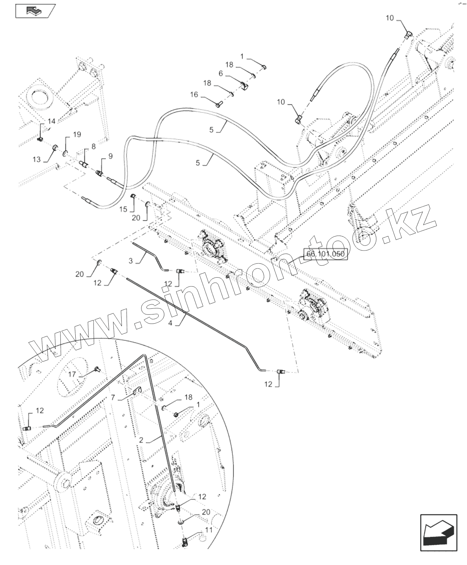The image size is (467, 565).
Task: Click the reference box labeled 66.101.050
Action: (x=325, y=255)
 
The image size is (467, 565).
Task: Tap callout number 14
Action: (x=52, y=121)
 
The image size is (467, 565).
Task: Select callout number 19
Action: (x=77, y=135)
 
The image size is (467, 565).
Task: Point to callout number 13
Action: (x=37, y=159)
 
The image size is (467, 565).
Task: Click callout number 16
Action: (x=194, y=95)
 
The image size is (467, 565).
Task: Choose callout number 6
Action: (x=220, y=73)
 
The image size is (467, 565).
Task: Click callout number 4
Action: (x=170, y=323)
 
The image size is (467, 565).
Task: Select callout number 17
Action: (x=72, y=375)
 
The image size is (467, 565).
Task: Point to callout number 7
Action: (x=113, y=397)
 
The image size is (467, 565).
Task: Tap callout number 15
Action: (x=123, y=210)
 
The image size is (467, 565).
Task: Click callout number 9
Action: (x=110, y=156)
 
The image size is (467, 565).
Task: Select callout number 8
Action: (x=93, y=146)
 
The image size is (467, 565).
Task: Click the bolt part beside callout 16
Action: (x=218, y=103)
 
